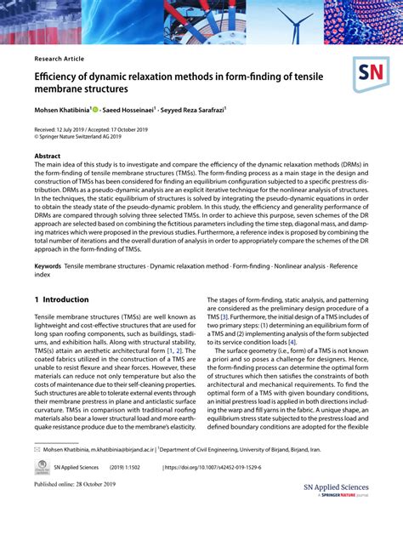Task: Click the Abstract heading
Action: click(48, 157)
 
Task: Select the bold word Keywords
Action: click(47, 266)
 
